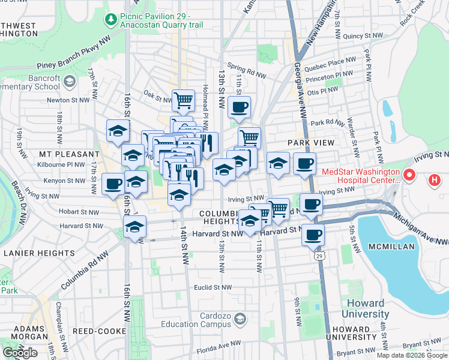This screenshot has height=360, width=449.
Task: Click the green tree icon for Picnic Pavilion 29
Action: (110, 20)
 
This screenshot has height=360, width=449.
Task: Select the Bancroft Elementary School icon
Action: (70, 81)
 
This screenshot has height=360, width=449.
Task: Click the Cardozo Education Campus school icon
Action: (241, 318)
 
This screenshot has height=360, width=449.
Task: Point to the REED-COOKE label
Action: (94, 331)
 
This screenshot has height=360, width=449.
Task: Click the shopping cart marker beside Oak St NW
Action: (183, 100)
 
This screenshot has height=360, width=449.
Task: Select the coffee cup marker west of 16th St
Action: (112, 184)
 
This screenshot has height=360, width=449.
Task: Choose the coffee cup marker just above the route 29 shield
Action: (312, 234)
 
